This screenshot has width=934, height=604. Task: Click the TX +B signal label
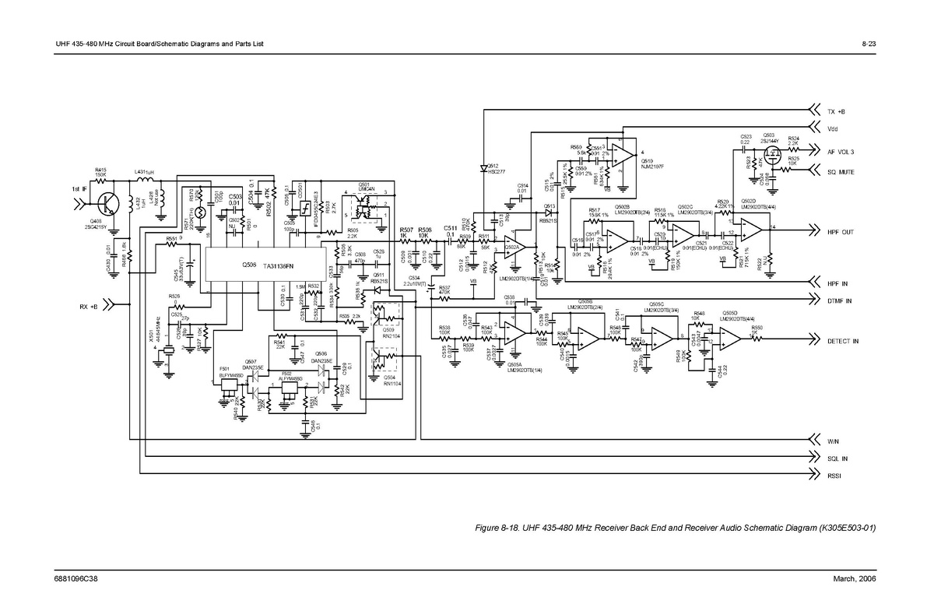click(837, 111)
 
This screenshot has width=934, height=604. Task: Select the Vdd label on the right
click(833, 128)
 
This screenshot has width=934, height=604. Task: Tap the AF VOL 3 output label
click(841, 152)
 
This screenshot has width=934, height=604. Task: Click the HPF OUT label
click(841, 232)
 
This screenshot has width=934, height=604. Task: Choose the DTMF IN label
click(839, 301)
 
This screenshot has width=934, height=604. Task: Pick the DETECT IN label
click(843, 341)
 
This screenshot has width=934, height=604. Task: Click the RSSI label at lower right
click(835, 475)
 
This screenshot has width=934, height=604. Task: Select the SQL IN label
click(837, 458)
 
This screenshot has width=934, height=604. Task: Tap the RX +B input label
click(88, 307)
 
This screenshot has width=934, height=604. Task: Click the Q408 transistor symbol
click(107, 204)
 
